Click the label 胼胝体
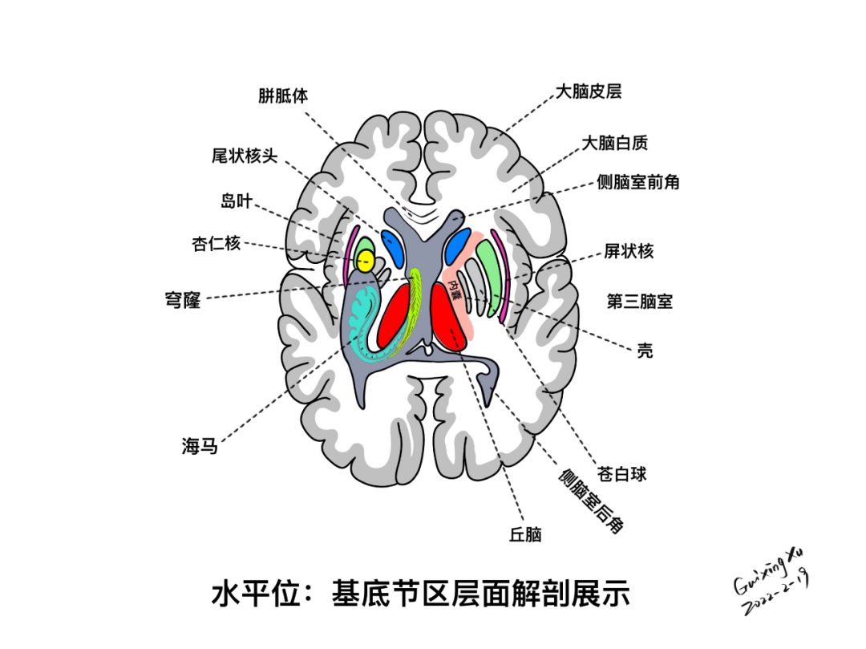point(283,95)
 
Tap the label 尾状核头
point(245,156)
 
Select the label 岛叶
point(237,201)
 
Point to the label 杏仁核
point(216,243)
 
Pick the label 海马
point(200,447)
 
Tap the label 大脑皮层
point(589,91)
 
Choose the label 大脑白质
point(615,143)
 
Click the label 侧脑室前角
point(638,182)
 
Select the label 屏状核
point(629,251)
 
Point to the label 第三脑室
point(639,302)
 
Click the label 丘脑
point(525,534)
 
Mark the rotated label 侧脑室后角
point(592,501)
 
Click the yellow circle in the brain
point(366,260)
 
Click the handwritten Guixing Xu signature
point(768,572)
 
